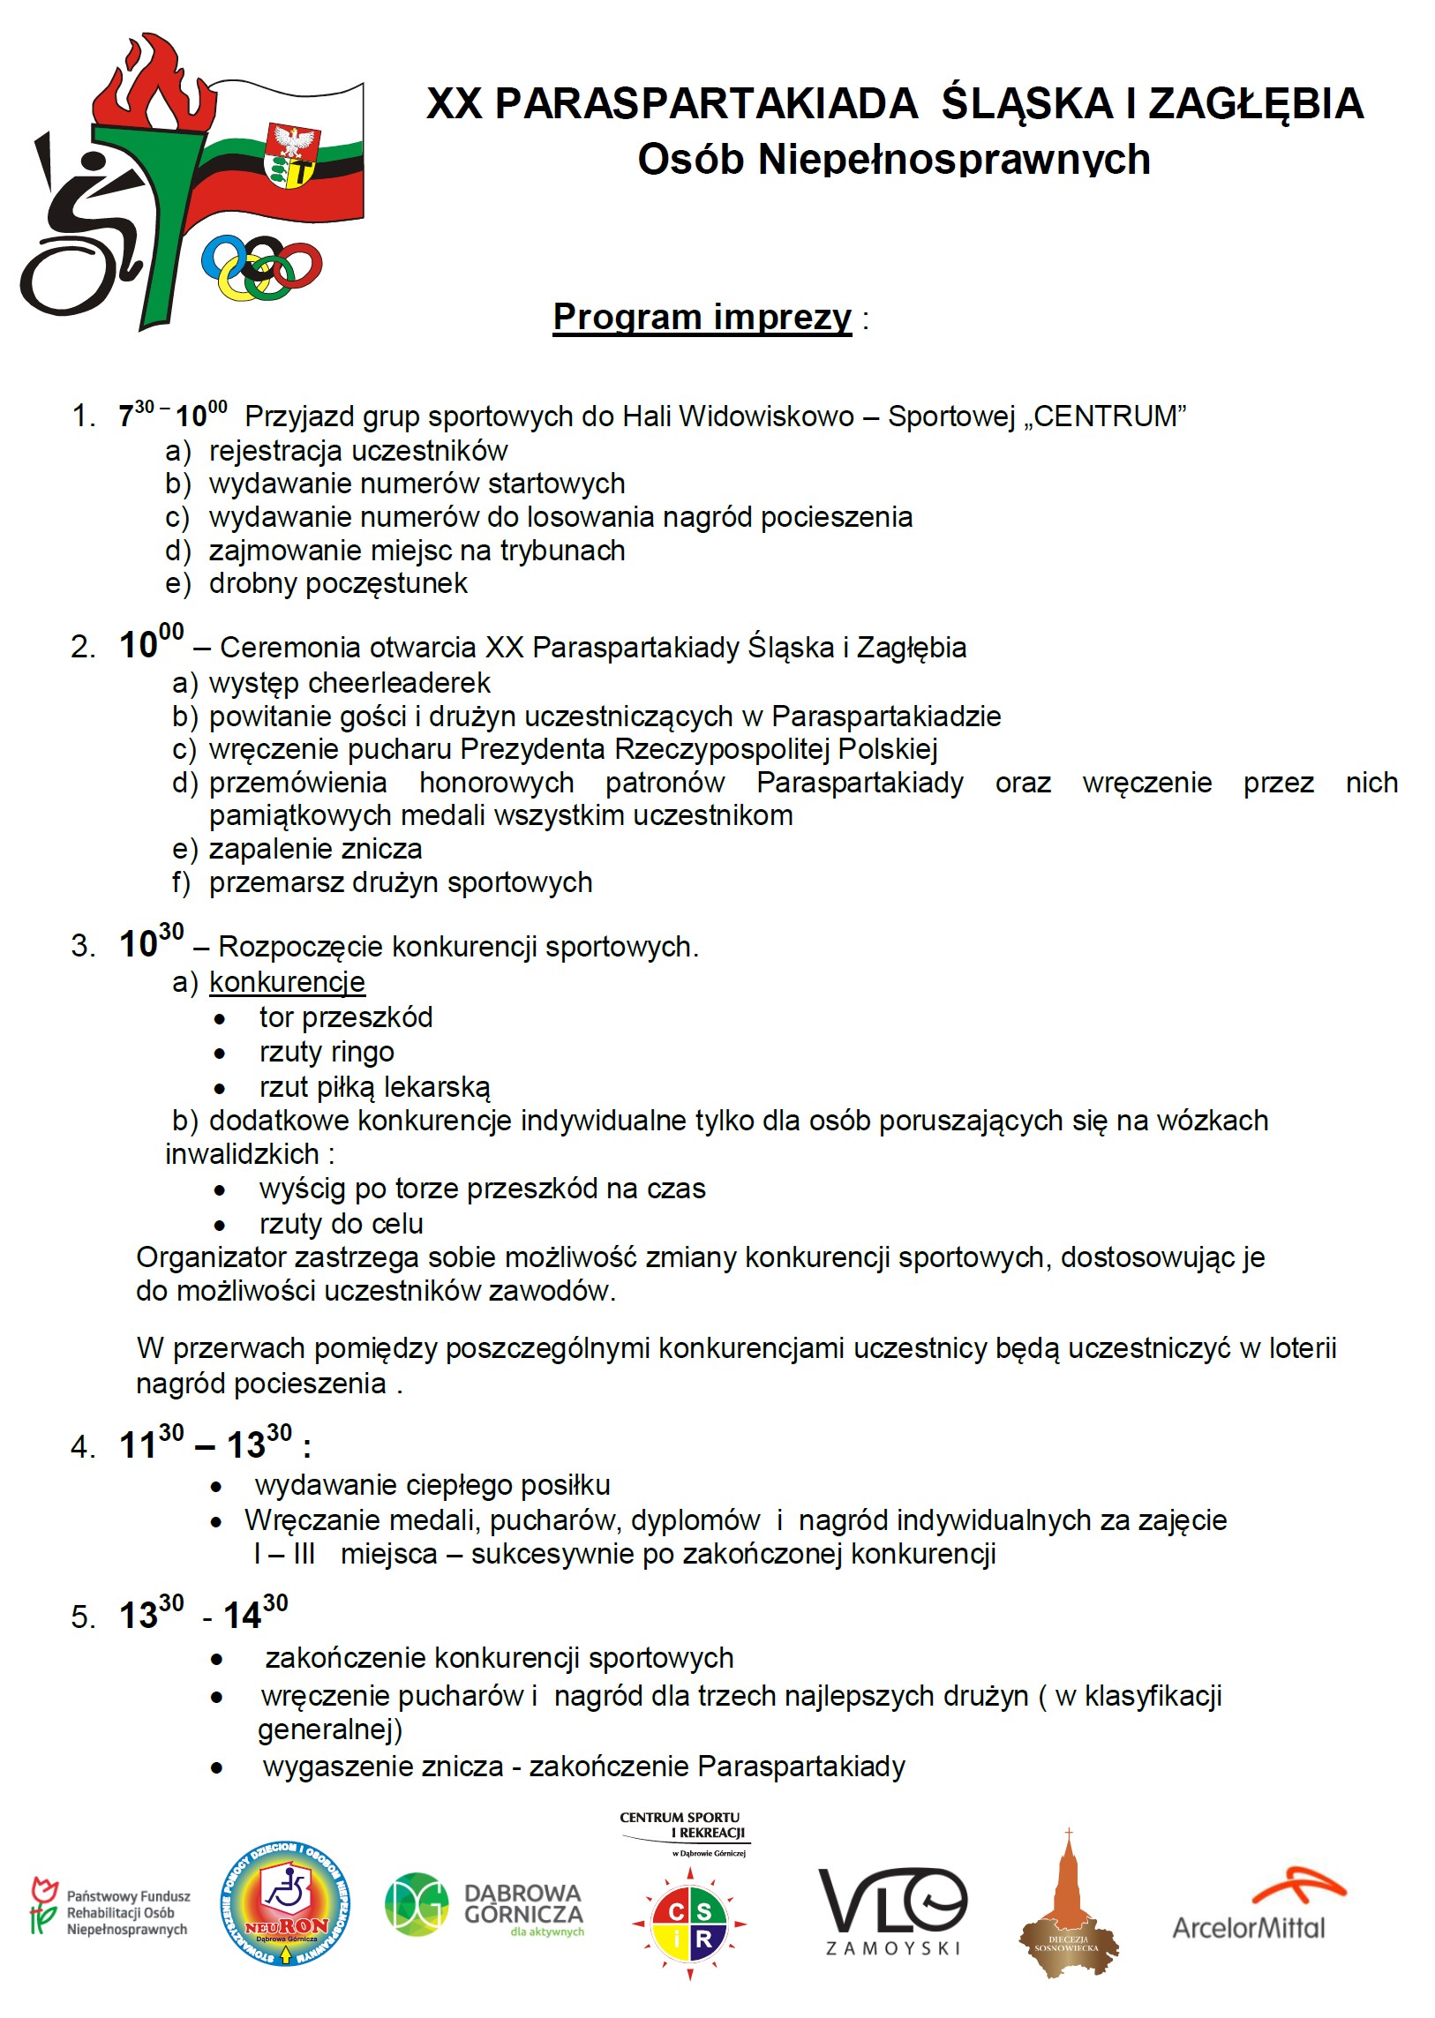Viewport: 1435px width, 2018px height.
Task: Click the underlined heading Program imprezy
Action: click(702, 316)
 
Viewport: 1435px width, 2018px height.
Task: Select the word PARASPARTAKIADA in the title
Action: click(705, 104)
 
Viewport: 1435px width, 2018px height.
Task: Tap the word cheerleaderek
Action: click(400, 682)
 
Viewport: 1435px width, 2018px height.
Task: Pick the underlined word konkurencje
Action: click(287, 981)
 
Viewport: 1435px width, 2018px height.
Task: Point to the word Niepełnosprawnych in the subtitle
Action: click(954, 160)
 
